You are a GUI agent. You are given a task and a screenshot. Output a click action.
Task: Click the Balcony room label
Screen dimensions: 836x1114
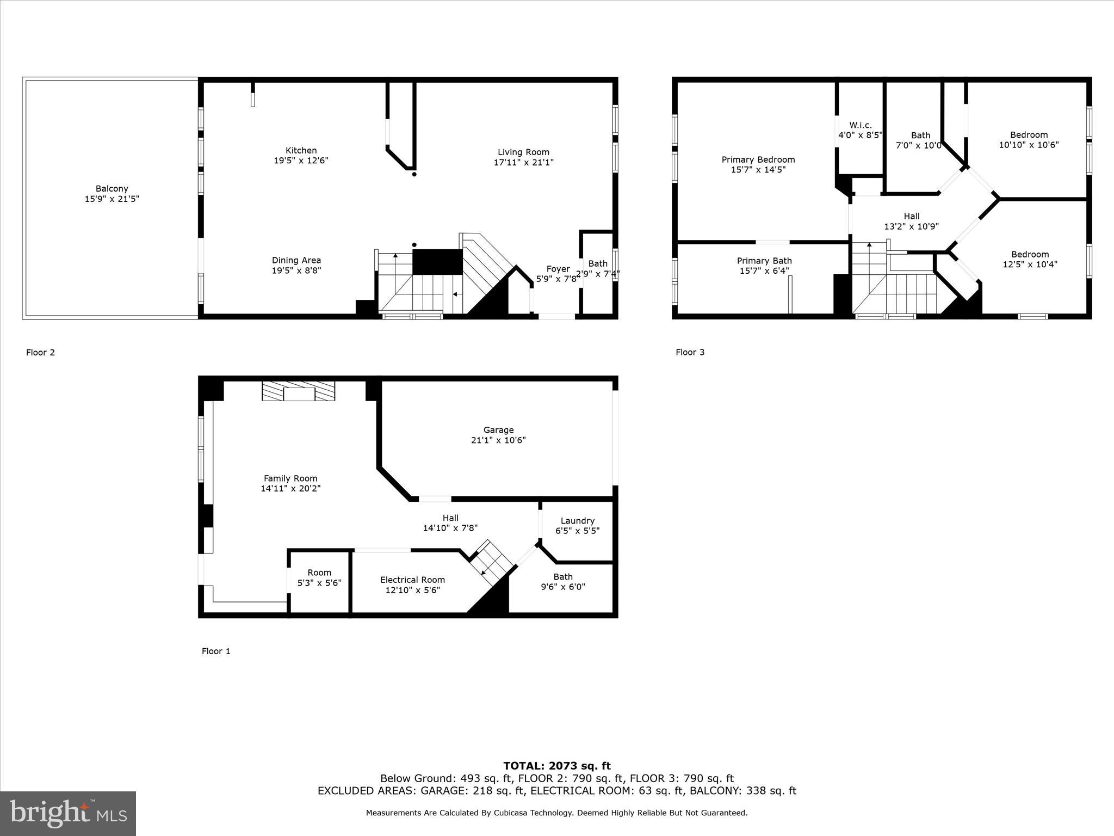[x=112, y=189]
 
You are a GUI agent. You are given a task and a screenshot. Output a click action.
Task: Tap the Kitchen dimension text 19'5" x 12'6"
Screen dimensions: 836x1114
[x=301, y=161]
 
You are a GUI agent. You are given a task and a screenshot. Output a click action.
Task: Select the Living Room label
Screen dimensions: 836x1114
[x=523, y=152]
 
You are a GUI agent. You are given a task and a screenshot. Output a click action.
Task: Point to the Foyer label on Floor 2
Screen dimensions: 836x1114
[x=558, y=269]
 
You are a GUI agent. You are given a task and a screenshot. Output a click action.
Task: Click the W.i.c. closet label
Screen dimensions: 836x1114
[x=859, y=125]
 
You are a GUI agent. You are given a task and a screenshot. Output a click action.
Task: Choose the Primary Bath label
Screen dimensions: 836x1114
[x=764, y=261]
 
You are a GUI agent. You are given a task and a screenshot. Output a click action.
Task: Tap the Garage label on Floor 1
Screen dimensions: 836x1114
[x=498, y=430]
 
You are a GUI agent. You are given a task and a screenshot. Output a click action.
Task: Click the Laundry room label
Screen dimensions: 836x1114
[x=577, y=521]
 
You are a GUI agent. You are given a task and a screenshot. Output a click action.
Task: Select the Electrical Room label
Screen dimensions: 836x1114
[x=412, y=580]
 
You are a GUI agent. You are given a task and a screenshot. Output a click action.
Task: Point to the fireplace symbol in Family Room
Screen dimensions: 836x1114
[x=298, y=391]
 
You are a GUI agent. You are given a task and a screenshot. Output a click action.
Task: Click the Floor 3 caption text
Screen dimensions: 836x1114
[x=690, y=352]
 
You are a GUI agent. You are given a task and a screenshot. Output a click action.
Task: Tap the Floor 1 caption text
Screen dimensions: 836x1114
[x=216, y=651]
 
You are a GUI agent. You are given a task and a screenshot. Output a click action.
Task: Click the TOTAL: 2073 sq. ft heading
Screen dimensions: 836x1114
[x=556, y=766]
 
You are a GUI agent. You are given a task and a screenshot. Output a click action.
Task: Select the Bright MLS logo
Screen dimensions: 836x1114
[x=68, y=813]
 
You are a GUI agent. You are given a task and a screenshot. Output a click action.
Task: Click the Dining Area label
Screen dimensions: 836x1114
[x=296, y=260]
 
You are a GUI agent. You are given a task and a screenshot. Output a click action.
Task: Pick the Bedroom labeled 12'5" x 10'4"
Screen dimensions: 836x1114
[x=1030, y=259]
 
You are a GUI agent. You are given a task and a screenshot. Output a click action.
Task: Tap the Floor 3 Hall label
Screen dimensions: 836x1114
[x=912, y=216]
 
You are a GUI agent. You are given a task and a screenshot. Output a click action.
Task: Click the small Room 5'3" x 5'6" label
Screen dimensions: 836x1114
[x=319, y=573]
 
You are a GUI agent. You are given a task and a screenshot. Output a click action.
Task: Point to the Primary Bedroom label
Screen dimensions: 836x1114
[x=758, y=159]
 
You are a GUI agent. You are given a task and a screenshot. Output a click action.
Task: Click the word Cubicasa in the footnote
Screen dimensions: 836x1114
[x=513, y=813]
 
